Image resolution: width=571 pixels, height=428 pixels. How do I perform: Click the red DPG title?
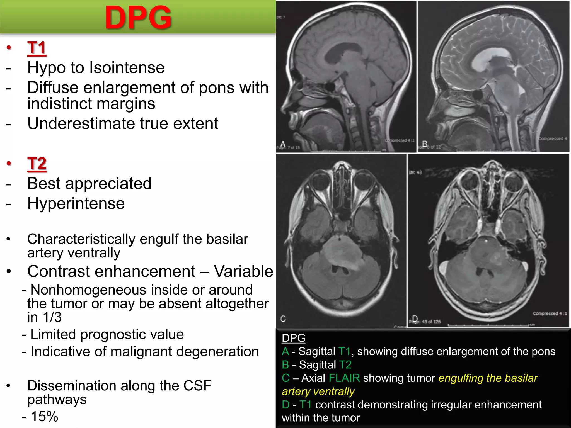[138, 18]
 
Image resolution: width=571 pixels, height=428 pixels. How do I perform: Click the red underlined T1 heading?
[37, 48]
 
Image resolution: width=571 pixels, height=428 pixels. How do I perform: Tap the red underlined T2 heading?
[37, 164]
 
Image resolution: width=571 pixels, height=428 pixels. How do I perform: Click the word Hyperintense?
[76, 203]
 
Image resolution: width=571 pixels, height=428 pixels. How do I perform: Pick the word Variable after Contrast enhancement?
[243, 271]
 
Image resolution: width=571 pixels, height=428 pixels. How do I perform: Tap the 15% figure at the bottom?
[44, 417]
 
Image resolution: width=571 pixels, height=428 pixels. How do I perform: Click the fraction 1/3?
[52, 317]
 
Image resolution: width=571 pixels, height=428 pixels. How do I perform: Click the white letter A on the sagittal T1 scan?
[283, 144]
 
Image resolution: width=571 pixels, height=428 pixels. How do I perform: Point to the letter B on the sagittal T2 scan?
[425, 144]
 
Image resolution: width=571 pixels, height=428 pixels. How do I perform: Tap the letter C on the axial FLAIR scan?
[283, 319]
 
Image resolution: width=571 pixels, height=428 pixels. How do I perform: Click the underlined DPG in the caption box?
[294, 338]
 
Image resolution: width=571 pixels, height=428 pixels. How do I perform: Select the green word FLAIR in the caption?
[344, 378]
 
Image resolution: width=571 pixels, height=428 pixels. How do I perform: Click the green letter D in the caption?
[285, 405]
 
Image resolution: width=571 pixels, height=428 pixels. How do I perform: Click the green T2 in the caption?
[345, 365]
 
